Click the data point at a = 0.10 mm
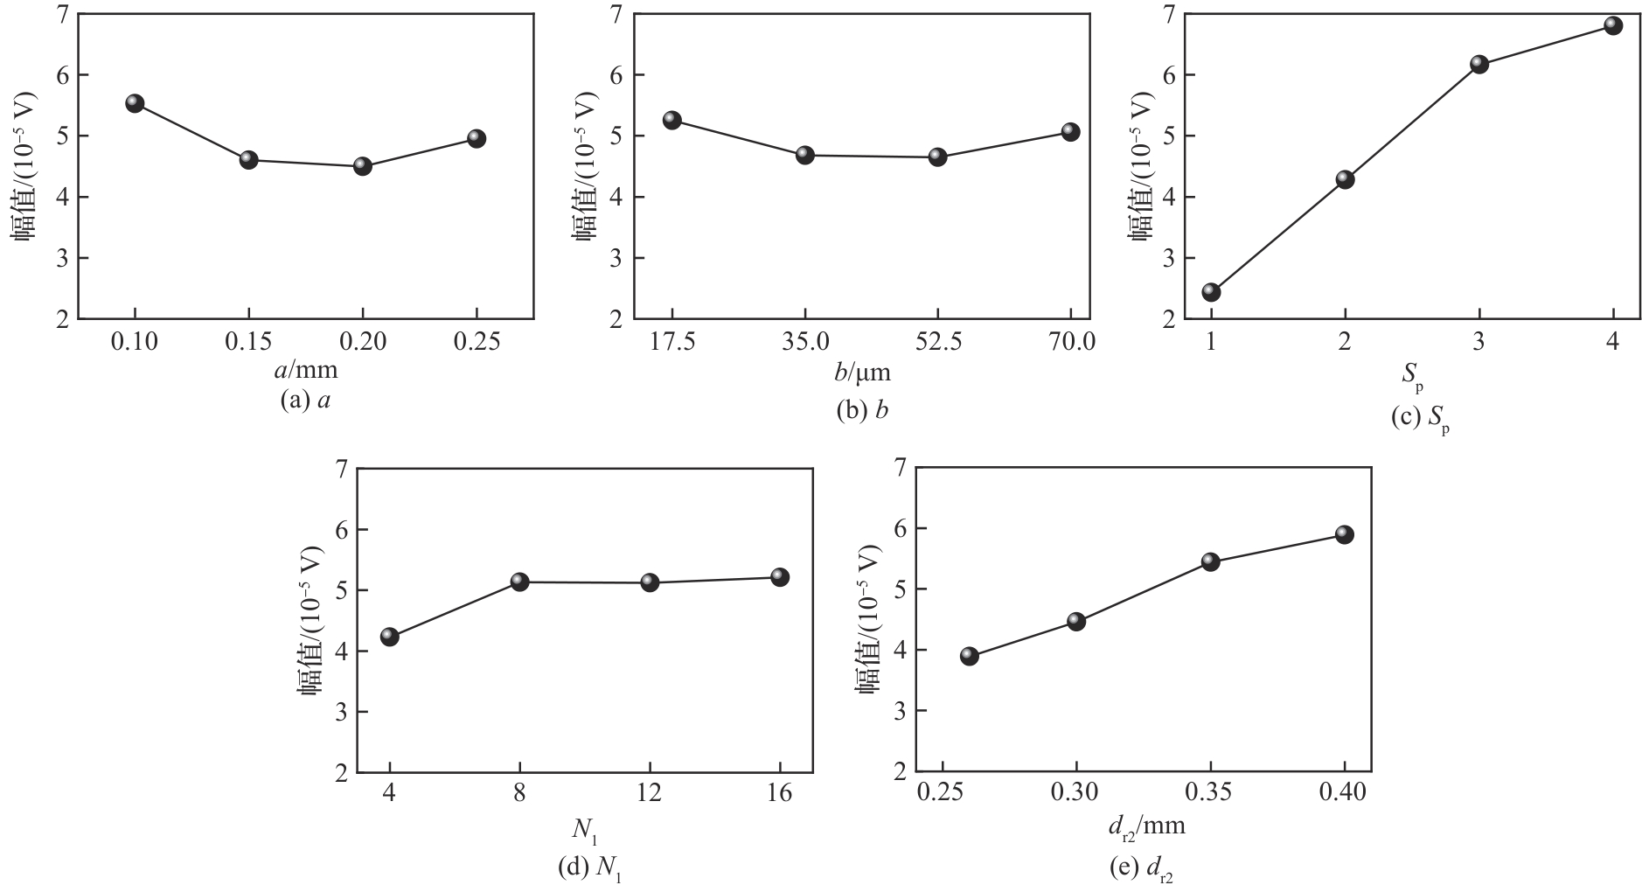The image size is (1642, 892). [x=135, y=103]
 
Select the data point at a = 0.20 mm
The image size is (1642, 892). [x=363, y=166]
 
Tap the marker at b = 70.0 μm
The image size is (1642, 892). [x=1070, y=132]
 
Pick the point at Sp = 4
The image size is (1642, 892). [x=1613, y=25]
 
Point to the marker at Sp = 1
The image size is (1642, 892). [x=1211, y=291]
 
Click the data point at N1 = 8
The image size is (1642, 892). [x=519, y=582]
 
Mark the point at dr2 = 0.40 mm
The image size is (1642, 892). [x=1345, y=534]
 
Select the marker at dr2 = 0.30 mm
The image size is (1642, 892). [x=1076, y=622]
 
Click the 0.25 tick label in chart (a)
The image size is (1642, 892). [x=477, y=343]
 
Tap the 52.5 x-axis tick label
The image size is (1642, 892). [x=937, y=343]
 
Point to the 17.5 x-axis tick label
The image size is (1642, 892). [x=671, y=343]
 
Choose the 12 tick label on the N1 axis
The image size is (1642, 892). [x=650, y=796]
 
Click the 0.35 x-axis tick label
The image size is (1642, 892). [x=1210, y=796]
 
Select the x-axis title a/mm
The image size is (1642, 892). [x=305, y=371]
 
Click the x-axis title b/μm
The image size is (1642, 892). [x=863, y=373]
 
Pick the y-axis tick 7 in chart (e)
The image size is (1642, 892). [x=896, y=469]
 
